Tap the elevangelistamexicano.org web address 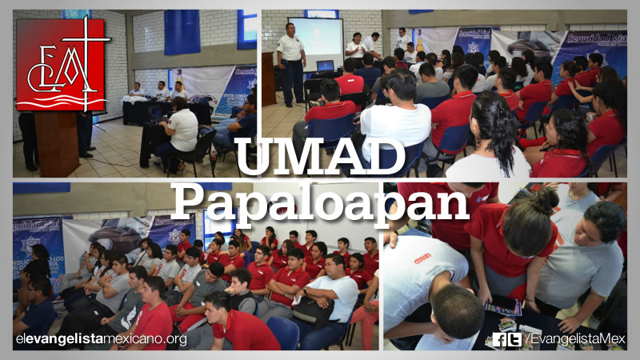click(x=101, y=339)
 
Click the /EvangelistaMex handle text click(x=574, y=339)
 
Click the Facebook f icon click(x=500, y=339)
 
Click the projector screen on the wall click(x=315, y=40)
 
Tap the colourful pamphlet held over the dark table click(x=504, y=308)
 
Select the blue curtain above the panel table click(x=182, y=32)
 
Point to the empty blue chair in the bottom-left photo click(x=283, y=332)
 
